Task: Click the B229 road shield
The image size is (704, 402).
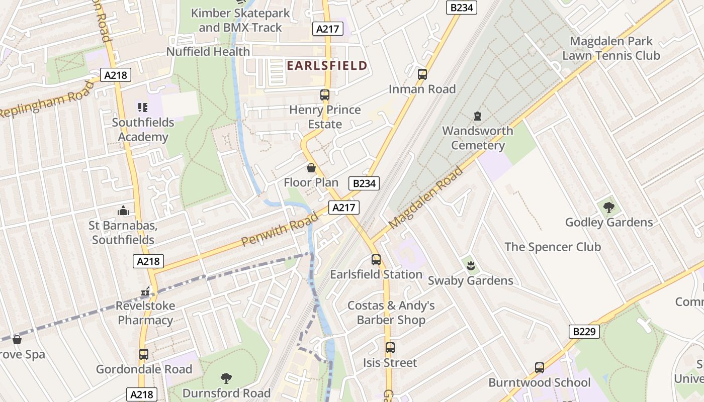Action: (584, 332)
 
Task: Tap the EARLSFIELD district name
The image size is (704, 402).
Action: (327, 65)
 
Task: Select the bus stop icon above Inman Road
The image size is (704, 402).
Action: (422, 74)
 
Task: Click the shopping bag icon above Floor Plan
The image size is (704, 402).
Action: (311, 168)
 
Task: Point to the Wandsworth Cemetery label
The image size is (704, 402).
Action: (478, 138)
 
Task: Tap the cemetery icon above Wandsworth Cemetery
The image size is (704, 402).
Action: (478, 116)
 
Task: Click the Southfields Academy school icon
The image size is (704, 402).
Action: (143, 107)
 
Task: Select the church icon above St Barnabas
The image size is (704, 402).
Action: (123, 211)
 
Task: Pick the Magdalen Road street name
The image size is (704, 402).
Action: (426, 198)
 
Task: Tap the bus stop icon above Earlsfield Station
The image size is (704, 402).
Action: (376, 260)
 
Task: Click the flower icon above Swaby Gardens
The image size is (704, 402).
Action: (471, 266)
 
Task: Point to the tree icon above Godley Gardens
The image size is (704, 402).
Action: (609, 207)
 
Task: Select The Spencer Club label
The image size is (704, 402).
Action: (553, 247)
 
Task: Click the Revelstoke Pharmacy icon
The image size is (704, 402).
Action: (145, 291)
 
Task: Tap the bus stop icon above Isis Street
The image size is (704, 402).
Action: (390, 348)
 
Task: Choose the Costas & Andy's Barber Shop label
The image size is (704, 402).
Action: (391, 313)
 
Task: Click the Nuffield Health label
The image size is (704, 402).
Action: (208, 52)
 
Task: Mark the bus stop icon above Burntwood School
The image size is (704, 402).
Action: (540, 368)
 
